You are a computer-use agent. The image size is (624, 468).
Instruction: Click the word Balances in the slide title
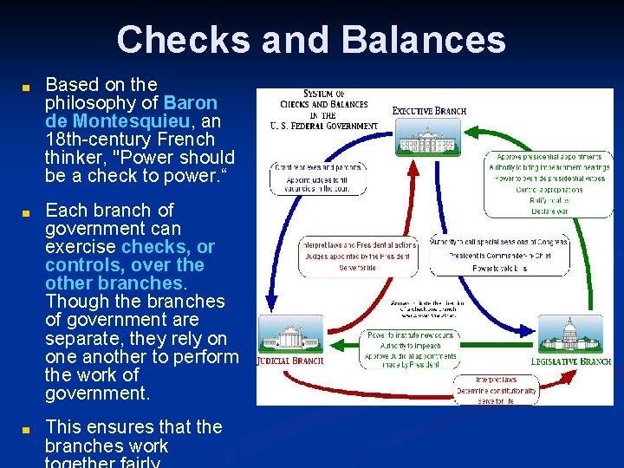(x=424, y=40)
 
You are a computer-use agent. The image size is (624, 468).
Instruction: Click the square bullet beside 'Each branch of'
(x=27, y=211)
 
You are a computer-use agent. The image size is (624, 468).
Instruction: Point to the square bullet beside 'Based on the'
(x=27, y=86)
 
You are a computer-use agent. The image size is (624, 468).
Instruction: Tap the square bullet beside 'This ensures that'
(x=27, y=428)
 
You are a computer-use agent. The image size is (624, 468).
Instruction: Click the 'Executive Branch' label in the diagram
(x=429, y=110)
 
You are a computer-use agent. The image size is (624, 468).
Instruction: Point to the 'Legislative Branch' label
(x=571, y=361)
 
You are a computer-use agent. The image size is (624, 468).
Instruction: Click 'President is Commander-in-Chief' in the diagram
(x=500, y=256)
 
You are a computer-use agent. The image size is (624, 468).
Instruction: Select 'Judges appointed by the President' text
(x=357, y=256)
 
